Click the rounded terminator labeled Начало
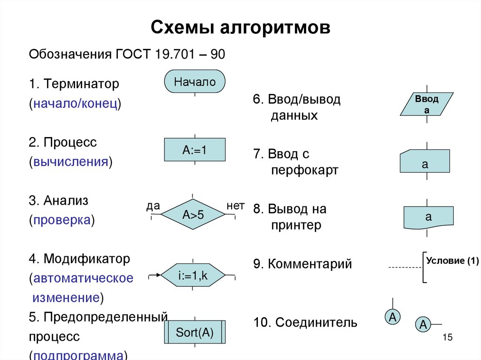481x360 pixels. pyautogui.click(x=194, y=82)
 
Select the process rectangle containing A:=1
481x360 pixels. pyautogui.click(x=194, y=150)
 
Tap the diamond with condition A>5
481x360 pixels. pyautogui.click(x=193, y=215)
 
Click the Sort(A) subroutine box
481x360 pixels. pyautogui.click(x=194, y=333)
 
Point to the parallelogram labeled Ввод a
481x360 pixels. pyautogui.click(x=427, y=104)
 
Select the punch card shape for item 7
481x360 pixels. pyautogui.click(x=425, y=161)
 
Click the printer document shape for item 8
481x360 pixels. pyautogui.click(x=428, y=217)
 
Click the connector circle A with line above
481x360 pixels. pyautogui.click(x=392, y=317)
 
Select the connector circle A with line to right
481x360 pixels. pyautogui.click(x=423, y=324)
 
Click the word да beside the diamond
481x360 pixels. pyautogui.click(x=153, y=206)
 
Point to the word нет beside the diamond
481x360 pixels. pyautogui.click(x=235, y=206)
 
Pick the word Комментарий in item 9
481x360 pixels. pyautogui.click(x=310, y=264)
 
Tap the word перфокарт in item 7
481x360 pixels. pyautogui.click(x=304, y=170)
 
